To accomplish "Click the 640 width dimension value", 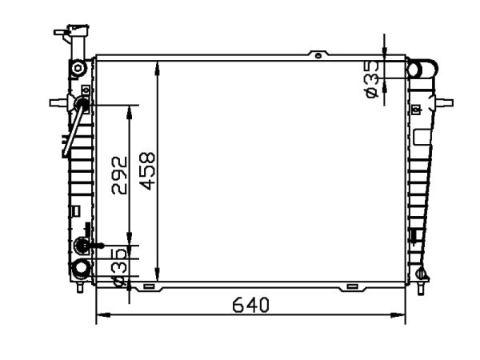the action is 250,305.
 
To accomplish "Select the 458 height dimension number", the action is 147,171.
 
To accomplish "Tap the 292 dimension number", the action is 119,176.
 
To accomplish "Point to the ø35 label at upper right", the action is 372,79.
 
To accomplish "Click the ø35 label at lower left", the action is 119,267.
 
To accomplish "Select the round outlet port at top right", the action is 422,69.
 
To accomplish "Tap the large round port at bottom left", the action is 81,269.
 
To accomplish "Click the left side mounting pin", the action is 58,102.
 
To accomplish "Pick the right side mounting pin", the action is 444,102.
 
